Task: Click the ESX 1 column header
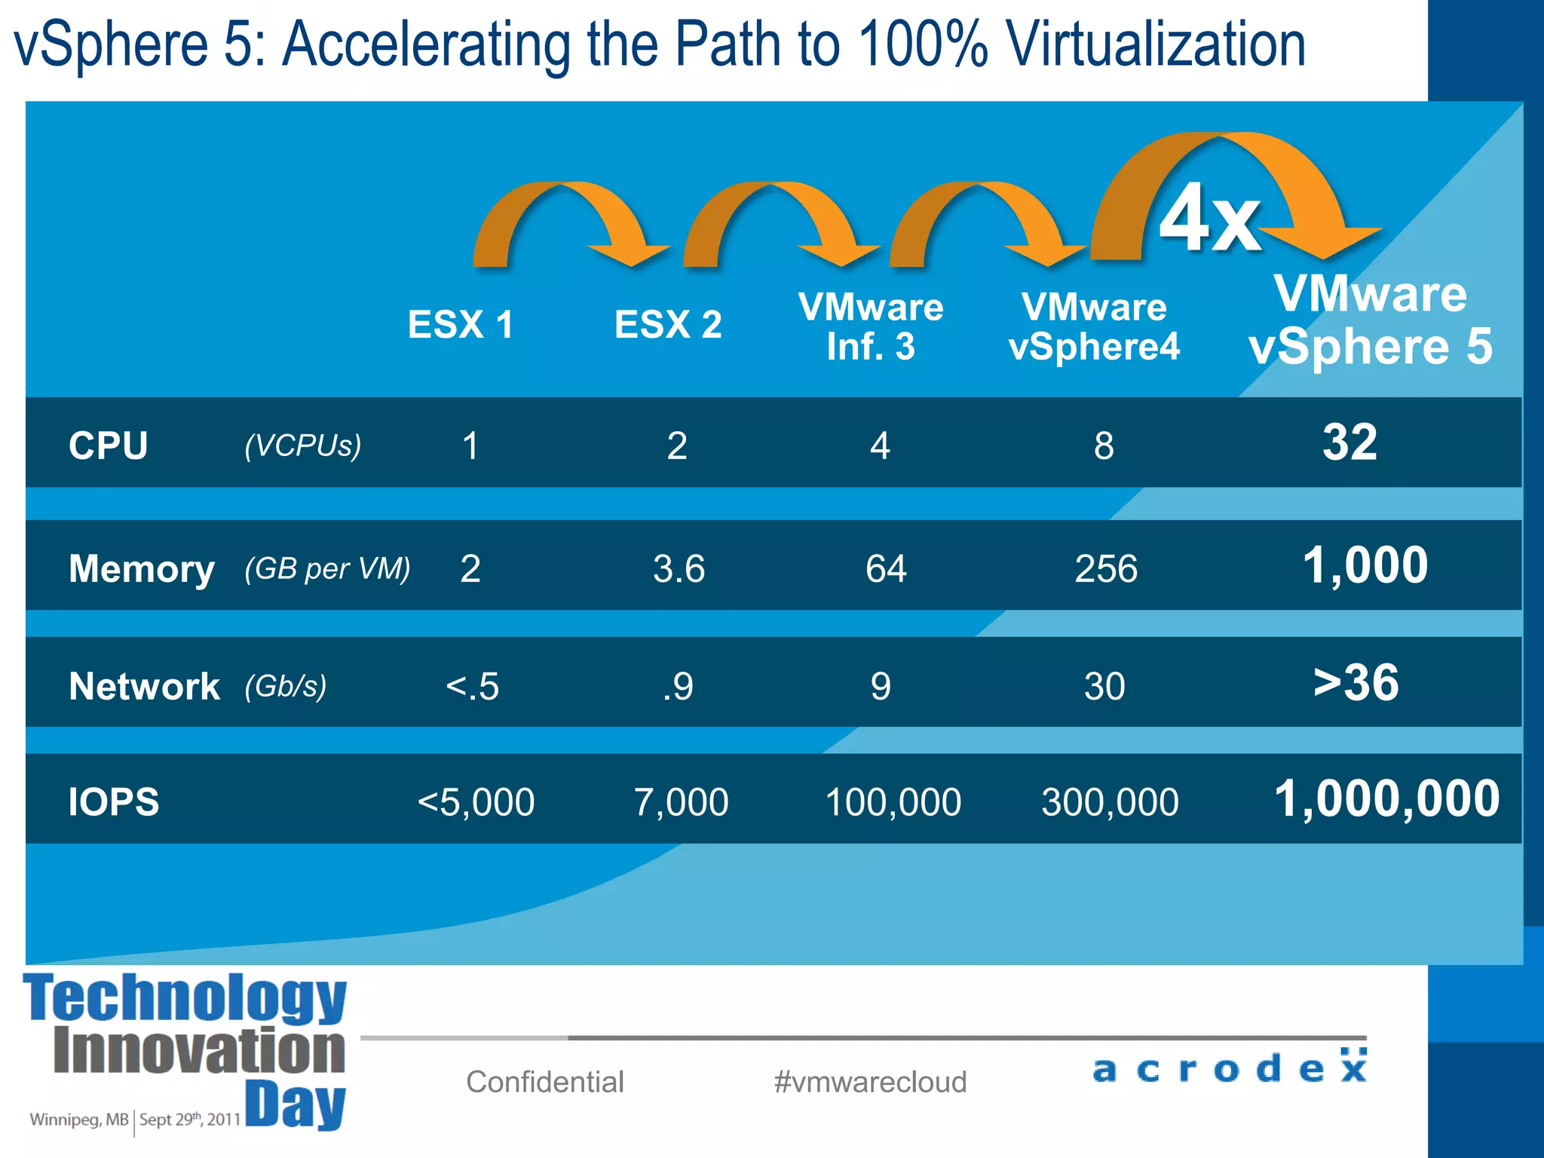(461, 325)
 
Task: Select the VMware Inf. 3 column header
(871, 327)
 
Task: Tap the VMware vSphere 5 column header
(1370, 320)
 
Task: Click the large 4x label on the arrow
(1209, 219)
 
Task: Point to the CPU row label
(108, 446)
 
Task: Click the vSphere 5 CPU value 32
(1349, 443)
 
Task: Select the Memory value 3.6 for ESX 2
(679, 568)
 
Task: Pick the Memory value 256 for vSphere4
(1105, 568)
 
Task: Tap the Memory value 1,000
(1365, 565)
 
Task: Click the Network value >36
(1356, 683)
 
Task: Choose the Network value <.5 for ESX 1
(472, 687)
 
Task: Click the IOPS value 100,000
(893, 802)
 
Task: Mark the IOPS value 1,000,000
(1386, 799)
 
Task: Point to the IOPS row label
(114, 801)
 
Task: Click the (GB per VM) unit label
(327, 568)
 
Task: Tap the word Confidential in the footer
(545, 1082)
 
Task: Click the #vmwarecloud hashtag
(870, 1082)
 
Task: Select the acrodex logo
(1230, 1067)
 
